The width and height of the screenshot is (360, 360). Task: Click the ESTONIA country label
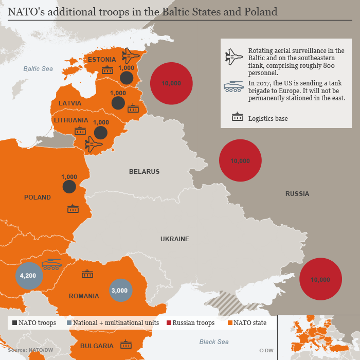pyautogui.click(x=102, y=60)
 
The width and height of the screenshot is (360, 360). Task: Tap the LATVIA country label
pyautogui.click(x=70, y=103)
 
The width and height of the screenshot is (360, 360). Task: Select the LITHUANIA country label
pyautogui.click(x=71, y=120)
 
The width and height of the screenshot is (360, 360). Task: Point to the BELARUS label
pyautogui.click(x=144, y=172)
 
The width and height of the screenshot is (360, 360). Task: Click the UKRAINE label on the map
pyautogui.click(x=174, y=239)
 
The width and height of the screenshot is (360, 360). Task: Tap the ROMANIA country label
pyautogui.click(x=84, y=296)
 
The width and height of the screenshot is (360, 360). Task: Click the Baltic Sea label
pyautogui.click(x=38, y=69)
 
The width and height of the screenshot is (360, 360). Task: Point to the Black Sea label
pyautogui.click(x=214, y=342)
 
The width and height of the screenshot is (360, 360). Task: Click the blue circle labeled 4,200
pyautogui.click(x=28, y=276)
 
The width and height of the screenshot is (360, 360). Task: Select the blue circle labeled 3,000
pyautogui.click(x=120, y=290)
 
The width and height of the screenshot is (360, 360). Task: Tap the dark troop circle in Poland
pyautogui.click(x=69, y=186)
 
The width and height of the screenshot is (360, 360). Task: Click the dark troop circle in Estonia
pyautogui.click(x=127, y=78)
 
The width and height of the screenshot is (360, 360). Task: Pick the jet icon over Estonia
pyautogui.click(x=131, y=56)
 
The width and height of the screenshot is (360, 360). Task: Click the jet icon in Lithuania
pyautogui.click(x=94, y=144)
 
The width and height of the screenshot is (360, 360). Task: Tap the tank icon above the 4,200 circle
pyautogui.click(x=51, y=264)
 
